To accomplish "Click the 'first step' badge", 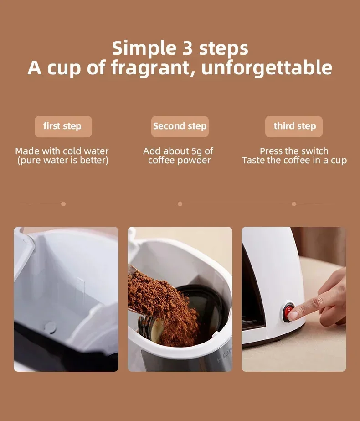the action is click(x=63, y=126).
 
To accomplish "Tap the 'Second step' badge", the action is click(x=180, y=126).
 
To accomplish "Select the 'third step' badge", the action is click(x=294, y=126).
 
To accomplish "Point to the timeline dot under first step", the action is click(x=63, y=204).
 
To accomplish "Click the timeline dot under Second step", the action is click(x=180, y=204).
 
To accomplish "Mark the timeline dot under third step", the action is click(x=294, y=204).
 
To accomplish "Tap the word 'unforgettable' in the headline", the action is click(x=267, y=68).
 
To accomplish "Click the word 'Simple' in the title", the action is click(x=144, y=49).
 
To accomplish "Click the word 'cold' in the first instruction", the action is click(x=72, y=151).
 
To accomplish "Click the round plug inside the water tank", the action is click(x=51, y=327).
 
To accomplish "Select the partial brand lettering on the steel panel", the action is click(x=224, y=355).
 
